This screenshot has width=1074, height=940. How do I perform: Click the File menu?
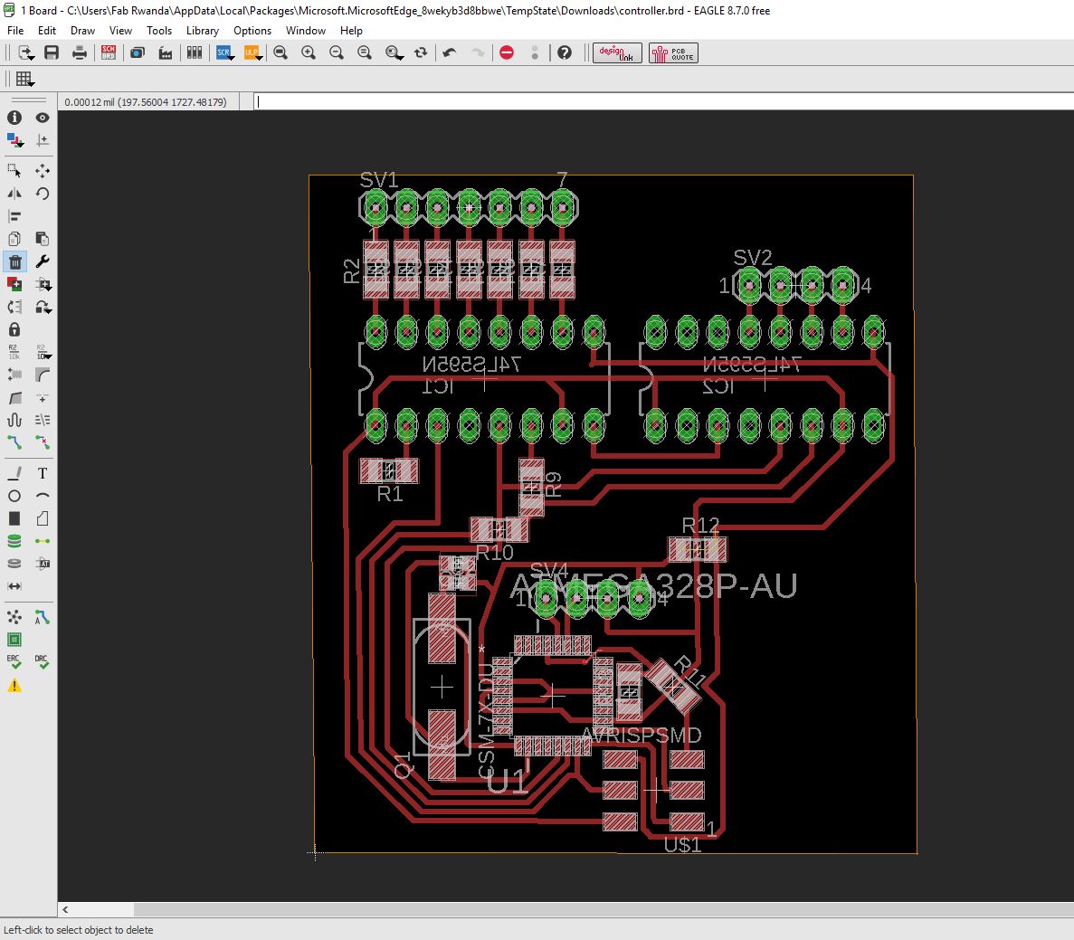coord(14,31)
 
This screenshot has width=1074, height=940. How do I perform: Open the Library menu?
coord(202,31)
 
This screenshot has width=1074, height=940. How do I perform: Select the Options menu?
coord(252,31)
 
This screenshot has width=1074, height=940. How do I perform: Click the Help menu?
coord(351,31)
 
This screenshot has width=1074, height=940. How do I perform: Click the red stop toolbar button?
coord(507,53)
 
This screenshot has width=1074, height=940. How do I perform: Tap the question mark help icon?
coord(565,53)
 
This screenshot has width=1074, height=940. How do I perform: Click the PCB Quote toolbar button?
coord(673,53)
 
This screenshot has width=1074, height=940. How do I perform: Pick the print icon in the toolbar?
coord(80,53)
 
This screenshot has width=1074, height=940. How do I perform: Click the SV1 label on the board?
coord(379,180)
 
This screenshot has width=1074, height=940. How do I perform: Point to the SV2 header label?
coord(753,258)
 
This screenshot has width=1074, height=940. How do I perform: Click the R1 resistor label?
coord(389,494)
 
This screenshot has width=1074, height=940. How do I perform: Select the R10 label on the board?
coord(494,552)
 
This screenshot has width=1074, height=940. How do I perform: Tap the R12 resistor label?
coord(700,526)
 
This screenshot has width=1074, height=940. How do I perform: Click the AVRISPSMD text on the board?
coord(642,735)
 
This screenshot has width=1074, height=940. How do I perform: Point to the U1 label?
coord(507,782)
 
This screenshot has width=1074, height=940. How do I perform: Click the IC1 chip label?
coord(439,386)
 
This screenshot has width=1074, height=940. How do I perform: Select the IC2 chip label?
coord(719,386)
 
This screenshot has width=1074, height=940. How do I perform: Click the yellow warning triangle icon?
coord(14,686)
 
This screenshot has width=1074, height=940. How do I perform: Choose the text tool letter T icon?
coord(43,473)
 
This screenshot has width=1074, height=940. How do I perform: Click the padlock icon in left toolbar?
coord(14,329)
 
